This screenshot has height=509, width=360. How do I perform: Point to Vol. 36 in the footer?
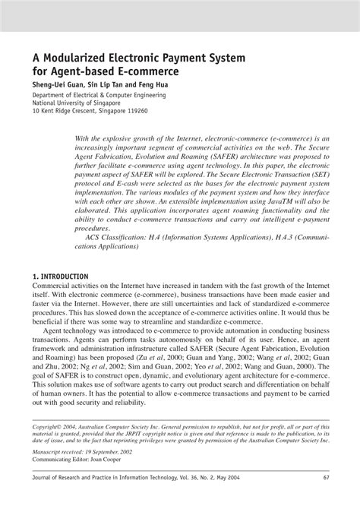pos(235,498)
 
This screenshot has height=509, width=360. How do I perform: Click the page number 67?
pos(324,498)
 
